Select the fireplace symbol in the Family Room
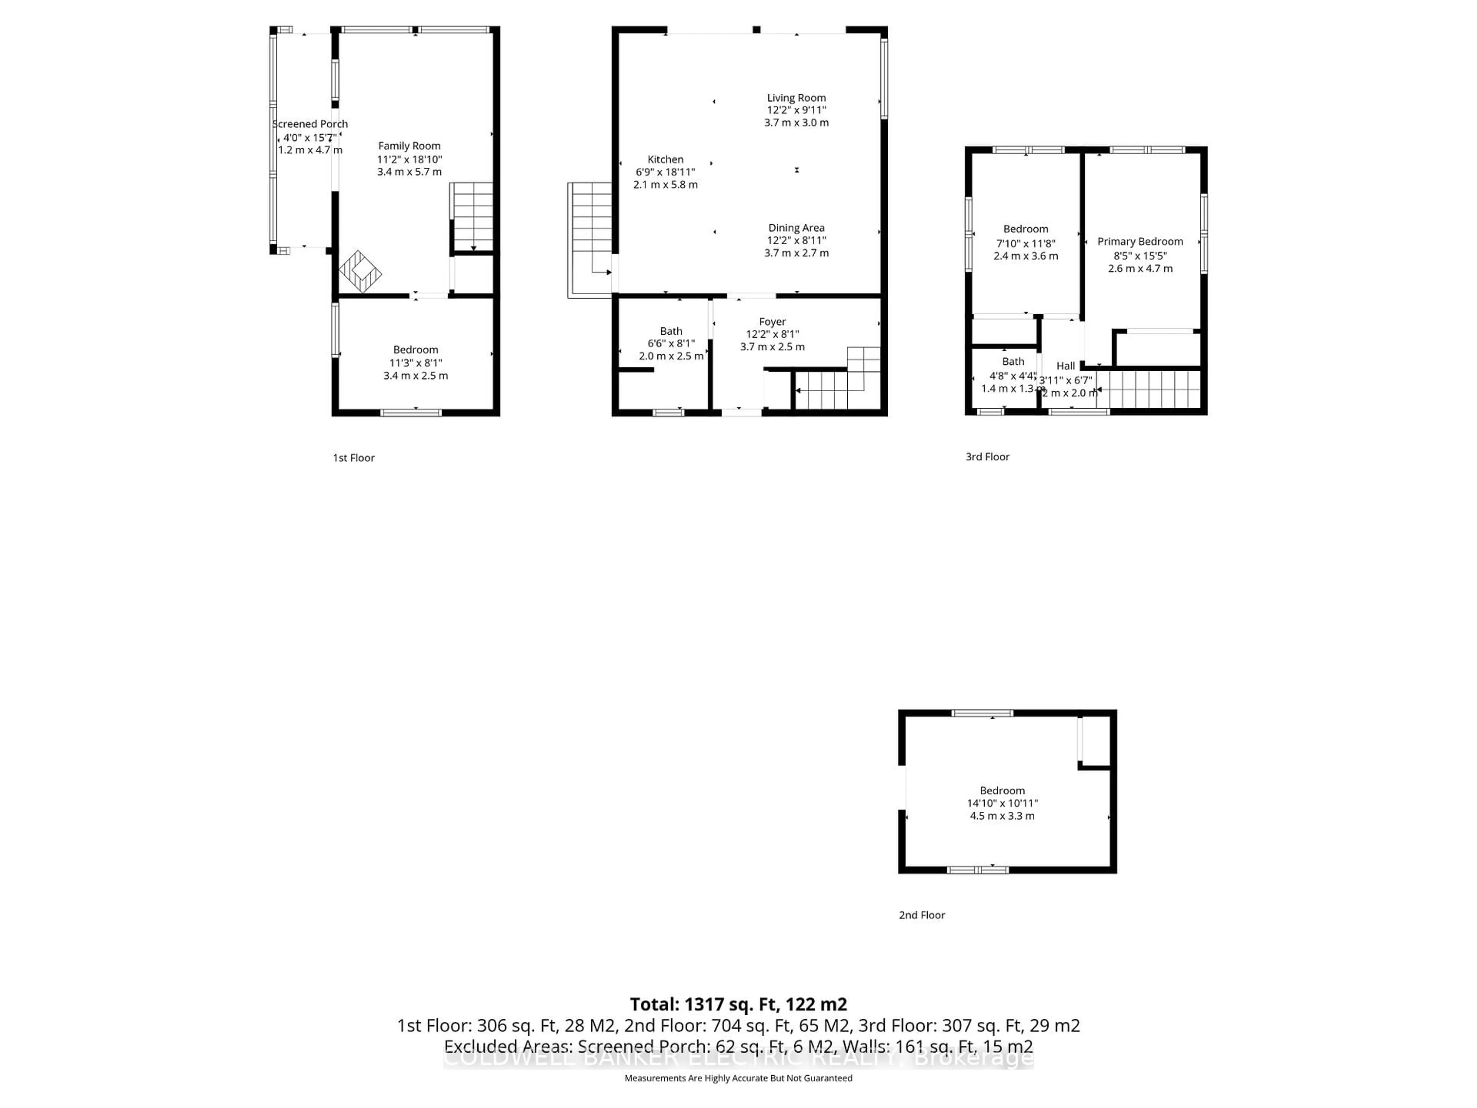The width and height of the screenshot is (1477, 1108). point(360,271)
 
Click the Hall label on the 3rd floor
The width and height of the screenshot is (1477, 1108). point(1066,366)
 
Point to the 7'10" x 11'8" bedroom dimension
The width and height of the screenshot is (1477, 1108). point(1025,243)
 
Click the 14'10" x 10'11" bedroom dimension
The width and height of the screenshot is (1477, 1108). point(1002,803)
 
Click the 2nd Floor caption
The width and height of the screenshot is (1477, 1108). point(922,915)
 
